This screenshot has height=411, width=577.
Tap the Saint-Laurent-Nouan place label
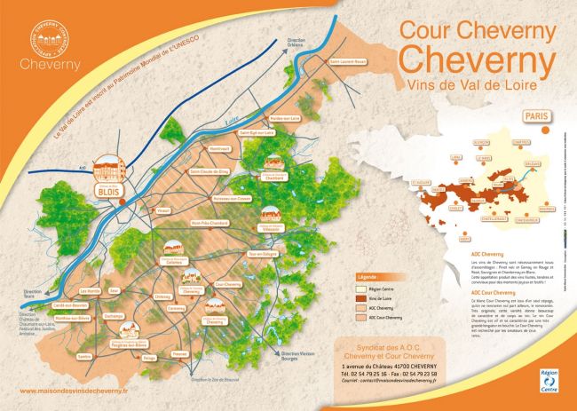click(x=347, y=61)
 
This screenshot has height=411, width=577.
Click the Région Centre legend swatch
click(x=362, y=288)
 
